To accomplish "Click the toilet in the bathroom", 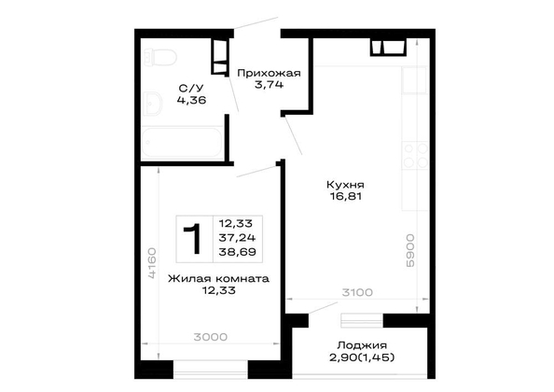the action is (160, 57).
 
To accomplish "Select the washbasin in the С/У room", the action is (153, 104).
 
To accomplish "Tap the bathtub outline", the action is (182, 142).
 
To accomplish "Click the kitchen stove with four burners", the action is (415, 155).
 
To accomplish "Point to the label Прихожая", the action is (269, 73).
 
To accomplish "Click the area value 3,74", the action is (269, 85).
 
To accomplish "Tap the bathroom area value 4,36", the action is (191, 101).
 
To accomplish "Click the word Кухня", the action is (345, 185).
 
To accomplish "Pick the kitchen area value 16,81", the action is (346, 197).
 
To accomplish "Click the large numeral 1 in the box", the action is (193, 239).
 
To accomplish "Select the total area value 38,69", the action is (237, 252).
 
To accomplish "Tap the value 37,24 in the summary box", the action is (237, 237).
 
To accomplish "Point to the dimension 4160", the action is (152, 263).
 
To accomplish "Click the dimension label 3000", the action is (210, 337).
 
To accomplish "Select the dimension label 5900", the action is (409, 250).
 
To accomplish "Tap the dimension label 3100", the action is (357, 293).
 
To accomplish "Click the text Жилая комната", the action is (218, 278).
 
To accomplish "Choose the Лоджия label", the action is (362, 345).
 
